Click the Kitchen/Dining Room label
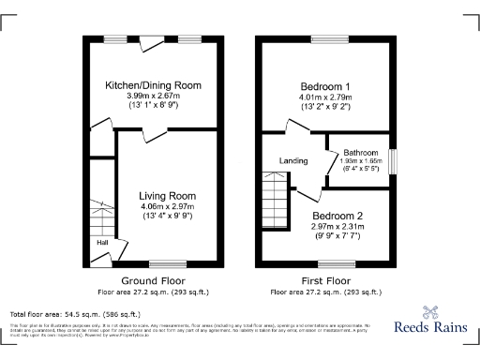click(x=152, y=85)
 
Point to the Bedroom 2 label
click(x=338, y=214)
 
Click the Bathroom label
click(x=360, y=153)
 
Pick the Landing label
click(x=293, y=161)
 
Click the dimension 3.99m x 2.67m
click(x=152, y=97)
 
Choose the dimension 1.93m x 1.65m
click(x=360, y=161)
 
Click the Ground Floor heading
click(x=154, y=280)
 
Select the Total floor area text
click(x=75, y=314)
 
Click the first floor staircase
click(x=273, y=198)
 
